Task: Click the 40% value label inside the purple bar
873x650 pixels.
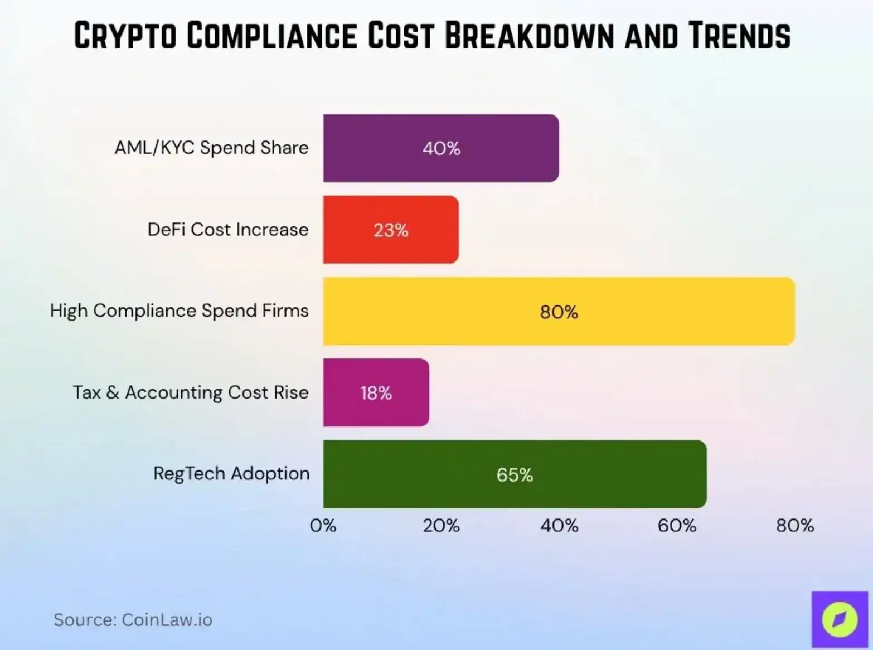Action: tap(441, 148)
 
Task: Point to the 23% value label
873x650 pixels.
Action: tap(391, 230)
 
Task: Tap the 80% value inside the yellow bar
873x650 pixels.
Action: tap(559, 312)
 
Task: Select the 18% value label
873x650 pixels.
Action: tap(376, 393)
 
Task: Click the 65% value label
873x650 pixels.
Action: tap(515, 475)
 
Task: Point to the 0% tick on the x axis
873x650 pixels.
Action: tap(323, 525)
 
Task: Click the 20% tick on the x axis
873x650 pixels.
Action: tap(441, 525)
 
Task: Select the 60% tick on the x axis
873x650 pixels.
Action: tap(677, 525)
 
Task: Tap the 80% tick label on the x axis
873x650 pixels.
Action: tap(795, 525)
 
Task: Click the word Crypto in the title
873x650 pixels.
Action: tap(125, 36)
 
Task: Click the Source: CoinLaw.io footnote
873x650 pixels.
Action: tap(133, 620)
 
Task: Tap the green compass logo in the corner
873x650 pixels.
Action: tap(840, 619)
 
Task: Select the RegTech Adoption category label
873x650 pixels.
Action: tap(231, 473)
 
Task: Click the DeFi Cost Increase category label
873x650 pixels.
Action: tap(227, 229)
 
